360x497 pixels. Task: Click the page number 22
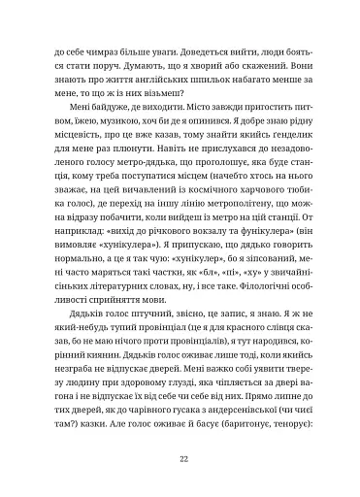click(x=180, y=459)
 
